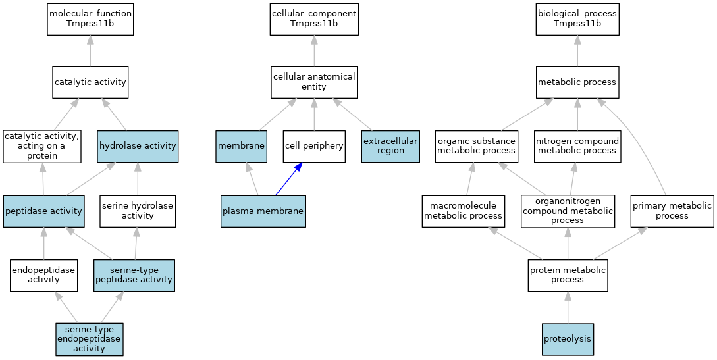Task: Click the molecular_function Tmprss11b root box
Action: pos(90,19)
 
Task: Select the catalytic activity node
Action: pos(90,82)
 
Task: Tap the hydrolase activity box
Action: pos(138,146)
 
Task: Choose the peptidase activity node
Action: pos(43,211)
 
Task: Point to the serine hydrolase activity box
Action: pos(138,211)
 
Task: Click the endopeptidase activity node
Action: pos(43,275)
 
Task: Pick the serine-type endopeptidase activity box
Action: pos(89,339)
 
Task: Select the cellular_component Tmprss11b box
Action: pos(314,19)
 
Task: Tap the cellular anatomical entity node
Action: pos(314,82)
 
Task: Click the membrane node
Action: pos(241,146)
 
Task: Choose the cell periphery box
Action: pos(314,146)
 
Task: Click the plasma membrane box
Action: pos(263,211)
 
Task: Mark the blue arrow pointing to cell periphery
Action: pos(287,179)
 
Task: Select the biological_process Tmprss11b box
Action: pos(577,19)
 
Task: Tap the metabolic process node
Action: pos(577,82)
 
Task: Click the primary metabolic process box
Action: pos(672,211)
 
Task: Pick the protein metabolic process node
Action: pos(568,275)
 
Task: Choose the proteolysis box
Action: pos(568,339)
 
